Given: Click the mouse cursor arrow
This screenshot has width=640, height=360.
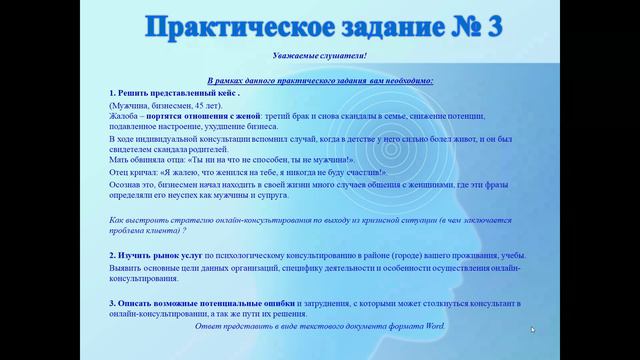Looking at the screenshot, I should tap(533, 329).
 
